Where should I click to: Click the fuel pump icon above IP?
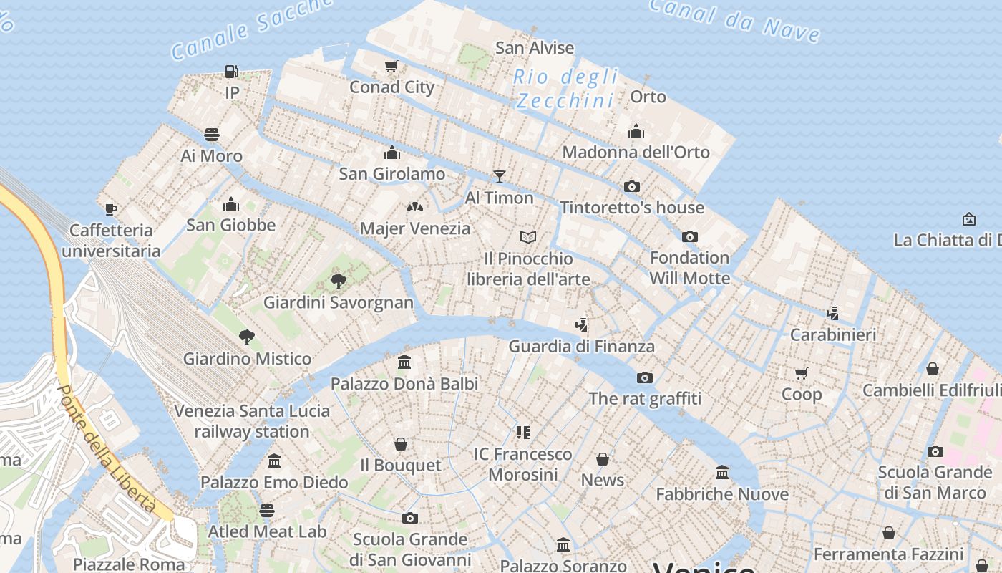[231, 72]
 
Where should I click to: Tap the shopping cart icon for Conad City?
[391, 67]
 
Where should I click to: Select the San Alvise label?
[535, 48]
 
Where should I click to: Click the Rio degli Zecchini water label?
[565, 88]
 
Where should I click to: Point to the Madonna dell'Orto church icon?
[636, 131]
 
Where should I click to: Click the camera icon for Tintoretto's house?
[631, 186]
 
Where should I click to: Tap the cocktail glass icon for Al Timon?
[499, 177]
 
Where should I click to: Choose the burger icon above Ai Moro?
[211, 135]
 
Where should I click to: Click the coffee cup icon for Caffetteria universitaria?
[110, 209]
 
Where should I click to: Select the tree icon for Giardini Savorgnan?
[338, 281]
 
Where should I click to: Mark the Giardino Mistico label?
[247, 359]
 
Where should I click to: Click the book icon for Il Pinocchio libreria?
[527, 237]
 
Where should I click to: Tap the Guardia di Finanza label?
[581, 347]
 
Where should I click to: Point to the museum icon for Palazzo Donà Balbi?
[404, 362]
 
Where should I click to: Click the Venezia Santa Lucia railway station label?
[252, 421]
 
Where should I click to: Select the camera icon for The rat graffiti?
[644, 377]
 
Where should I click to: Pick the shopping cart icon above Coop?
[801, 373]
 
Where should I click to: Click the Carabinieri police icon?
[832, 313]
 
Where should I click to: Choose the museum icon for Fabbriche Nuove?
[721, 473]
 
